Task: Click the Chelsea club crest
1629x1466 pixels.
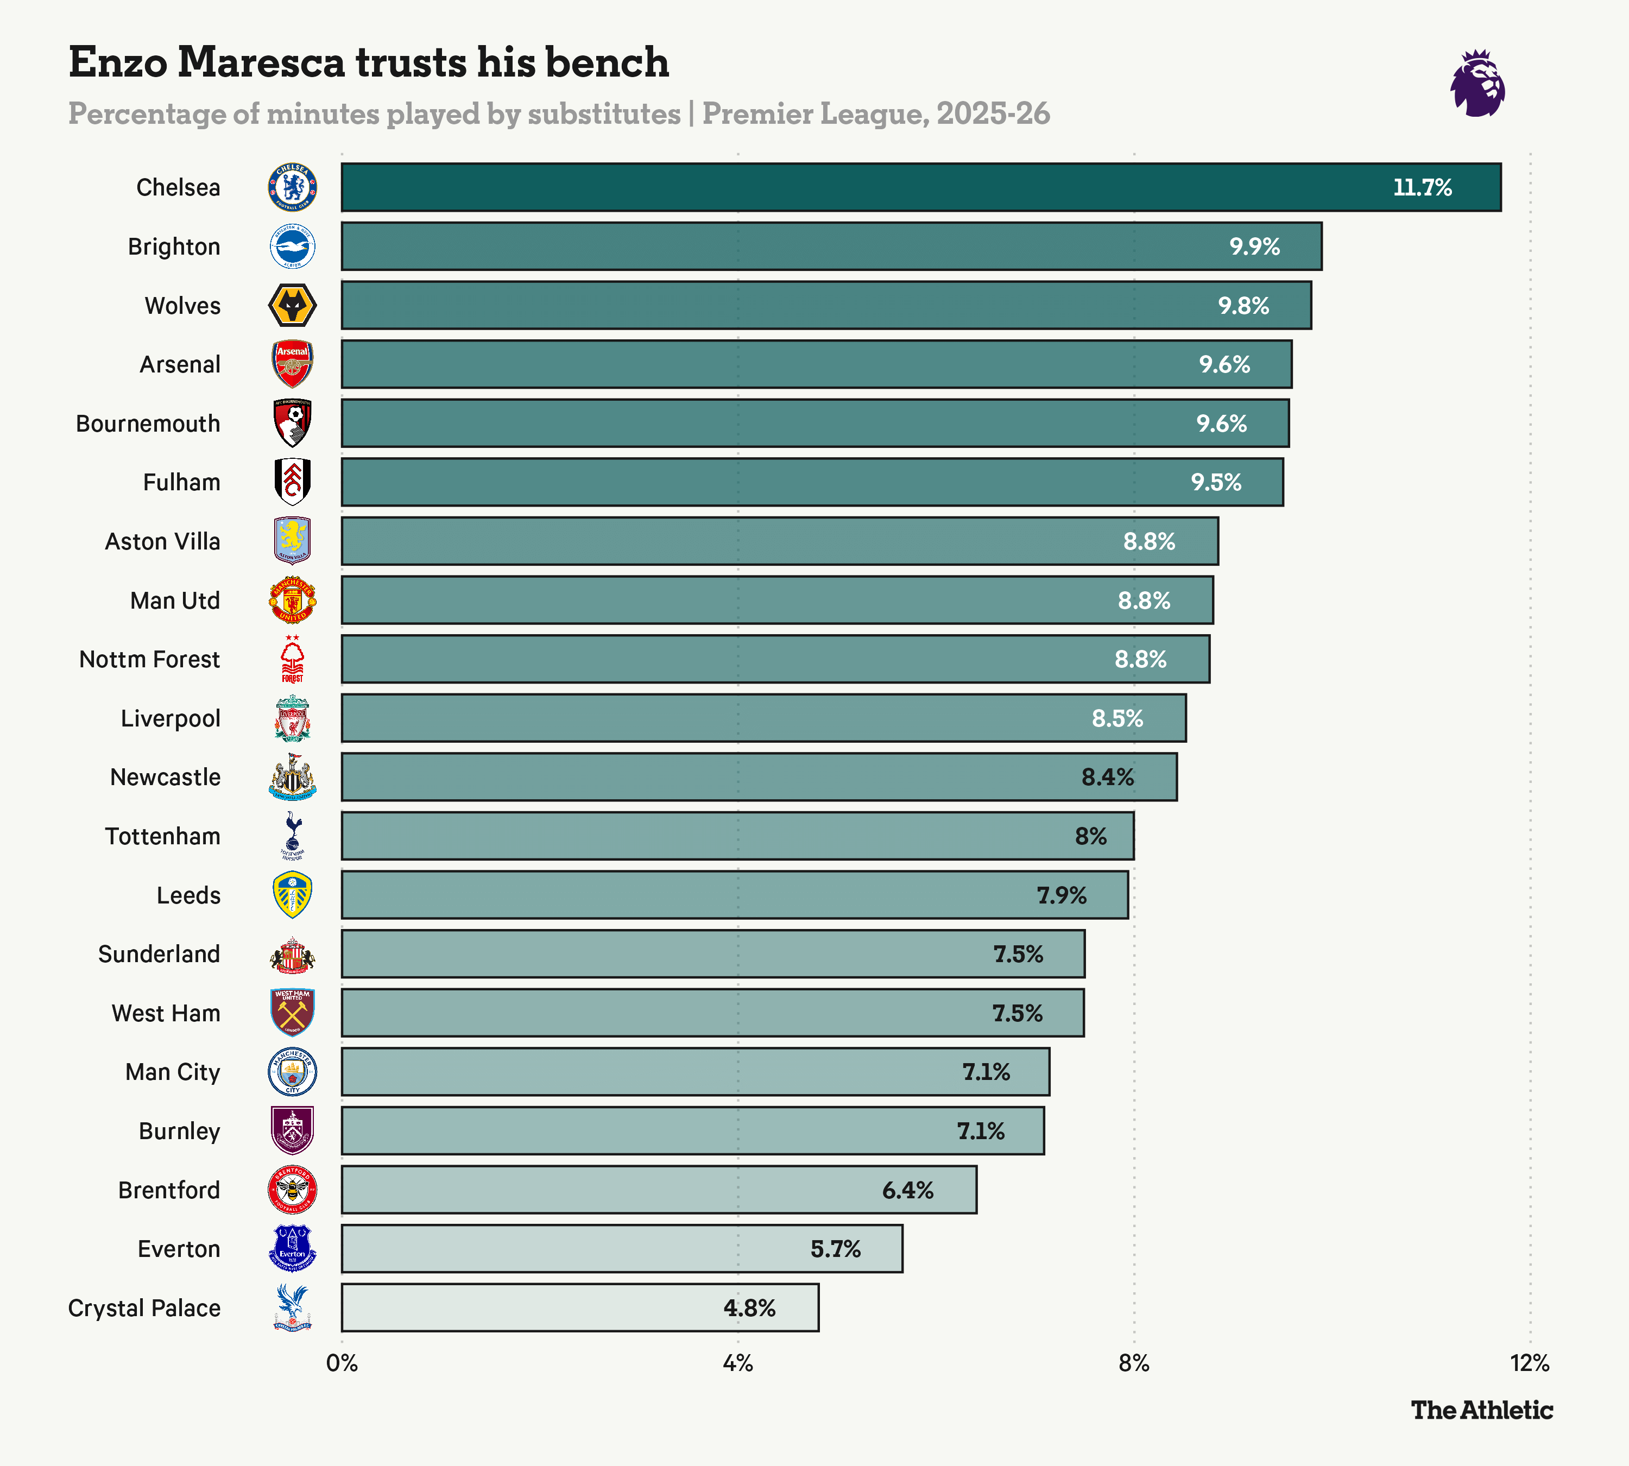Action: click(293, 188)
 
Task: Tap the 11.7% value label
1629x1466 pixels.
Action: click(1422, 188)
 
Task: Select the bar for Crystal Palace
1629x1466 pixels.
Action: click(579, 1307)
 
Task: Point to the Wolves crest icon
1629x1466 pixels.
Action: click(293, 305)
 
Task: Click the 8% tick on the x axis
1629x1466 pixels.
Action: click(1134, 1363)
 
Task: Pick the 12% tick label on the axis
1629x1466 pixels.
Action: click(1529, 1363)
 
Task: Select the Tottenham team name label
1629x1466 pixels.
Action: click(163, 836)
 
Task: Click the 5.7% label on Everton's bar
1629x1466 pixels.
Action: click(836, 1248)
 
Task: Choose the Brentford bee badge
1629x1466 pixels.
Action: click(293, 1190)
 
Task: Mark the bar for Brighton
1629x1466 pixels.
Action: click(831, 247)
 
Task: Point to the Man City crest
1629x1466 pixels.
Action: click(293, 1071)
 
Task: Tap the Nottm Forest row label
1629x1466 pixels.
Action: click(150, 659)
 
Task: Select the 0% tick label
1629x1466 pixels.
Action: click(342, 1363)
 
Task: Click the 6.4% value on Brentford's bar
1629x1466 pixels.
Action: click(907, 1190)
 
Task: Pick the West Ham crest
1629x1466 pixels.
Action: click(293, 1013)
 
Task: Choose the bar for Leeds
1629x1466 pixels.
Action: click(734, 895)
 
